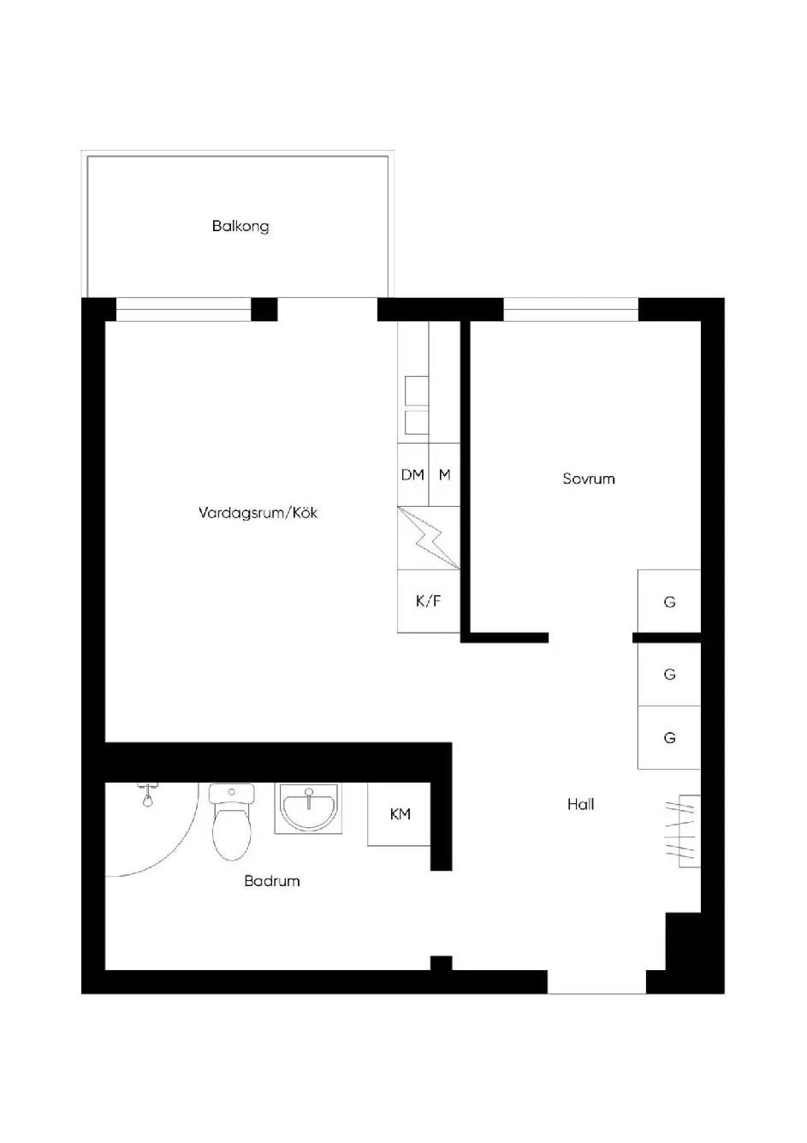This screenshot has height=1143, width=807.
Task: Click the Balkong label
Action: [240, 226]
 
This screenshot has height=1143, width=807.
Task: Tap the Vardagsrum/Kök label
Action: [258, 512]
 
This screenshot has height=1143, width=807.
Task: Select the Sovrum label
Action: [589, 479]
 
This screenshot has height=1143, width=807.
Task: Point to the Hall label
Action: [580, 805]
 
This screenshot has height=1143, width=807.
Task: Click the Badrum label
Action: [272, 881]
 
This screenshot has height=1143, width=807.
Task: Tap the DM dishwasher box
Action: [413, 474]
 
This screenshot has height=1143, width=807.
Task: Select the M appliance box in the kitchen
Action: [444, 474]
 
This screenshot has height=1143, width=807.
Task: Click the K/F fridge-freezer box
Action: [429, 601]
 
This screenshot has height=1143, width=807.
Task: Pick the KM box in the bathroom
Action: [400, 814]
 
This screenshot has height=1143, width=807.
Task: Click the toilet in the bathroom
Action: [232, 822]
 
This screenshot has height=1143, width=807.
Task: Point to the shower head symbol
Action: [147, 795]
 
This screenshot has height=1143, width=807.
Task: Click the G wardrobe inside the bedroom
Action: [669, 601]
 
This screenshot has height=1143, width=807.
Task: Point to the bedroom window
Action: [571, 309]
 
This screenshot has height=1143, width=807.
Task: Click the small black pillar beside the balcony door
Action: [264, 309]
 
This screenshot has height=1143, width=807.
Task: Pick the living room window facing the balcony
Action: [184, 309]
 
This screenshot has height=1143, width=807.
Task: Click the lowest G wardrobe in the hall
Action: [669, 738]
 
